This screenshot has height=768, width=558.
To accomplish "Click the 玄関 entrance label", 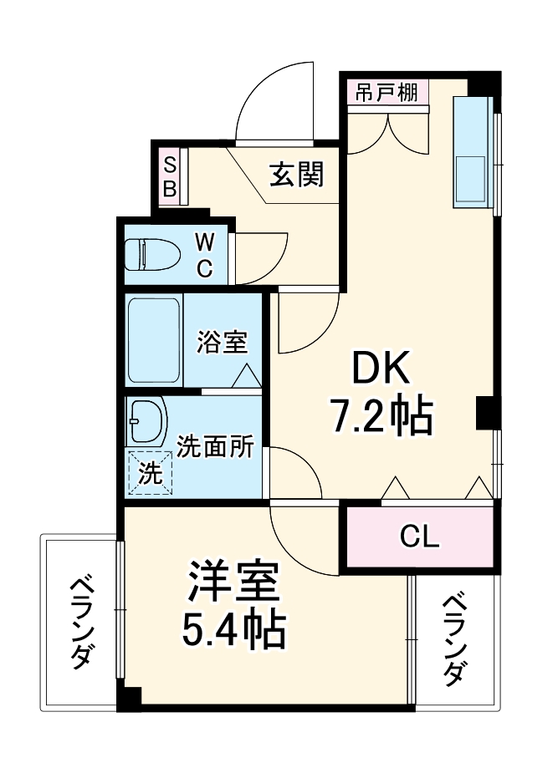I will (x=296, y=175).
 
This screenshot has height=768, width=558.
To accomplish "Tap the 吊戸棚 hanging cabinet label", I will (x=386, y=92).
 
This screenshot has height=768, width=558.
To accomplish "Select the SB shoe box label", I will (x=169, y=175).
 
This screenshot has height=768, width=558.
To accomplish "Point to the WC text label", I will (x=205, y=256).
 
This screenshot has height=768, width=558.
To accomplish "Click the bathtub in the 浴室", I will (x=154, y=339).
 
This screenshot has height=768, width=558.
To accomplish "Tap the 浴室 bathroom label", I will (x=222, y=342).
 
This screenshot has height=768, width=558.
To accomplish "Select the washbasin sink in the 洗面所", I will (x=148, y=422).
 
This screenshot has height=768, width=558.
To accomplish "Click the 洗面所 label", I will (x=216, y=448).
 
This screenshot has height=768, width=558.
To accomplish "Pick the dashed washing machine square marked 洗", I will (x=150, y=474).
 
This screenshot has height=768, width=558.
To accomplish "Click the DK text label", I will (x=381, y=370).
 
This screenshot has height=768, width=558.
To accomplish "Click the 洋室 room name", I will (x=232, y=584).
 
